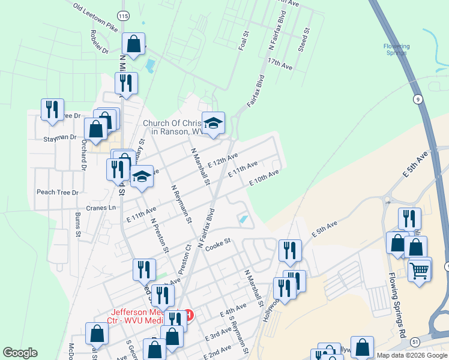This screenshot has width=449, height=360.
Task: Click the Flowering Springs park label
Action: tap(396, 49)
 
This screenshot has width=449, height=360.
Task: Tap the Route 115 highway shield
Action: tap(123, 15)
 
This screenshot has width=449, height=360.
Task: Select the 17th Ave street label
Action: tap(280, 64)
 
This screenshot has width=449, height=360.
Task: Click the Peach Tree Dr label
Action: tap(58, 193)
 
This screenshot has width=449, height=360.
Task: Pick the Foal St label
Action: tap(243, 41)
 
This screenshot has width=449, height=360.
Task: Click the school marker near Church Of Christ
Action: tap(212, 123)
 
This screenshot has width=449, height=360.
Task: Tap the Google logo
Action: tap(20, 353)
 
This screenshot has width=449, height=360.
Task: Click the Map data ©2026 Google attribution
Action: tap(412, 355)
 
